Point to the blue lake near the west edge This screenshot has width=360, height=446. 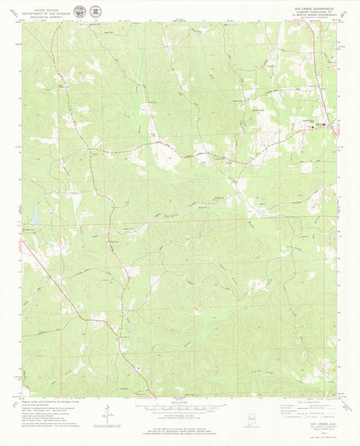tap(33, 215)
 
